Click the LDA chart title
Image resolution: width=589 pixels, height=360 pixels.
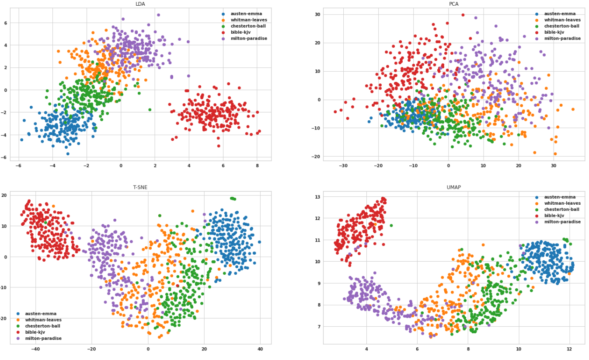[140, 4]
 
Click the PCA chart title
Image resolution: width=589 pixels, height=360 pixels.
[453, 4]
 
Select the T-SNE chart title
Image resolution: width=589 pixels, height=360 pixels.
[140, 187]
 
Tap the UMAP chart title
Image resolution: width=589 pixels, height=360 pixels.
[453, 187]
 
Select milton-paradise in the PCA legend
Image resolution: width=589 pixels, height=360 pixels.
[562, 38]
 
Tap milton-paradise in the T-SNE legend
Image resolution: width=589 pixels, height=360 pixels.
[43, 338]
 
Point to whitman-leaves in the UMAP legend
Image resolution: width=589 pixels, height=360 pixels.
[562, 203]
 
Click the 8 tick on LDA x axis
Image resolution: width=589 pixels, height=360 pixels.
[257, 166]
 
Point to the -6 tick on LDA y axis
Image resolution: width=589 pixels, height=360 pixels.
[5, 157]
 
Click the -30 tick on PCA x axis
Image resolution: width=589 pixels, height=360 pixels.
[343, 166]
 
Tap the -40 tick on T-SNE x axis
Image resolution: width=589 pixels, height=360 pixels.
[35, 349]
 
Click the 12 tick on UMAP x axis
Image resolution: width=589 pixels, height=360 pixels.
[569, 349]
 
